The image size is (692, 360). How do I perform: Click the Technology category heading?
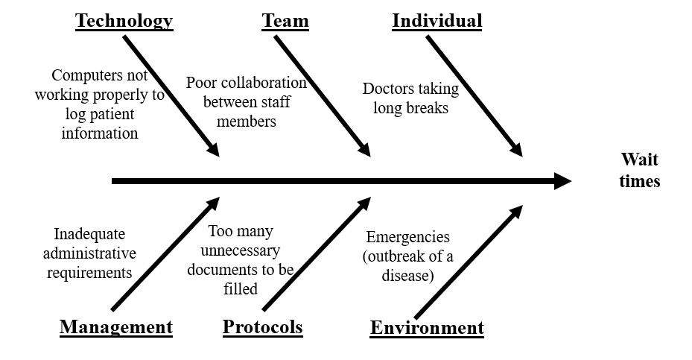coord(124,21)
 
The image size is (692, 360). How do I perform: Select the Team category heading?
coord(285,21)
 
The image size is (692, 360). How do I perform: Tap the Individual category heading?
coord(437,21)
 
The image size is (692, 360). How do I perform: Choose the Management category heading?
coord(116,327)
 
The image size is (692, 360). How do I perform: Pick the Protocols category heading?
coord(263,327)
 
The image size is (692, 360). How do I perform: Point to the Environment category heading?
coord(427,328)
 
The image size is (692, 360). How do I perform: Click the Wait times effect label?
coord(639,171)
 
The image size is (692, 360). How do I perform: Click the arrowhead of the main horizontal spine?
coord(562,181)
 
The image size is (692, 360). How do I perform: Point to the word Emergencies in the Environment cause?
coord(408,238)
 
